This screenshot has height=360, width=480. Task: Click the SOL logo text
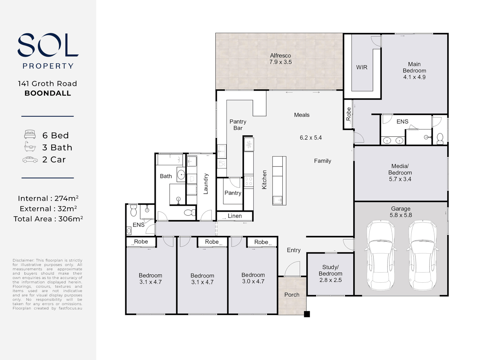pyautogui.click(x=48, y=45)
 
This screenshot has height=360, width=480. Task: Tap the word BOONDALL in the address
pyautogui.click(x=48, y=93)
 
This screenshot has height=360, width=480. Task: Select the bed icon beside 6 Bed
pyautogui.click(x=30, y=134)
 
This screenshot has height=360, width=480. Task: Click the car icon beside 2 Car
pyautogui.click(x=30, y=160)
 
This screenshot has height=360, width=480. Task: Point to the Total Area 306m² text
pyautogui.click(x=48, y=219)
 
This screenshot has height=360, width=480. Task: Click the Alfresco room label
pyautogui.click(x=280, y=56)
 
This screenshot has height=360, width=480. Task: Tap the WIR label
pyautogui.click(x=362, y=67)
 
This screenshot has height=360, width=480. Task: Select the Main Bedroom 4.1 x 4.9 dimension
pyautogui.click(x=414, y=77)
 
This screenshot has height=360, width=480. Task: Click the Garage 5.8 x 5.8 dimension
pyautogui.click(x=401, y=215)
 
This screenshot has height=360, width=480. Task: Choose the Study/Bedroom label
pyautogui.click(x=330, y=270)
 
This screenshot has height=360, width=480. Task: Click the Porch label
pyautogui.click(x=292, y=295)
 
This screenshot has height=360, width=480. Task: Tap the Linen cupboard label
pyautogui.click(x=235, y=216)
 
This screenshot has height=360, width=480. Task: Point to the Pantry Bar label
pyautogui.click(x=238, y=125)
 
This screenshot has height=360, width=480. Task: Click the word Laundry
pyautogui.click(x=206, y=184)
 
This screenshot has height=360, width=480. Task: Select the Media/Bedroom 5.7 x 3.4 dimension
pyautogui.click(x=400, y=179)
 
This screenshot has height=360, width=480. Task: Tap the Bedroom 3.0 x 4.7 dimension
pyautogui.click(x=253, y=281)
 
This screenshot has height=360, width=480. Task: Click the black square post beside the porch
pyautogui.click(x=307, y=314)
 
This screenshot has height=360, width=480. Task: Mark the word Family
pyautogui.click(x=323, y=161)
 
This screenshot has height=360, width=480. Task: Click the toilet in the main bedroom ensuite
pyautogui.click(x=440, y=139)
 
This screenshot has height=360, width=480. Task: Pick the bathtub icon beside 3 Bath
pyautogui.click(x=30, y=146)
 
